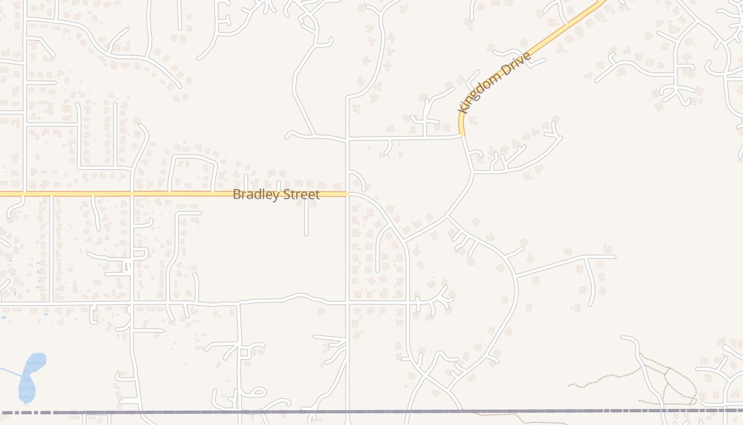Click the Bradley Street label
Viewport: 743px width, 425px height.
tap(276, 194)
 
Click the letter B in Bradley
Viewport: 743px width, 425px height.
tap(237, 194)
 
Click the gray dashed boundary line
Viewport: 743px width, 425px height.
tap(371, 411)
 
